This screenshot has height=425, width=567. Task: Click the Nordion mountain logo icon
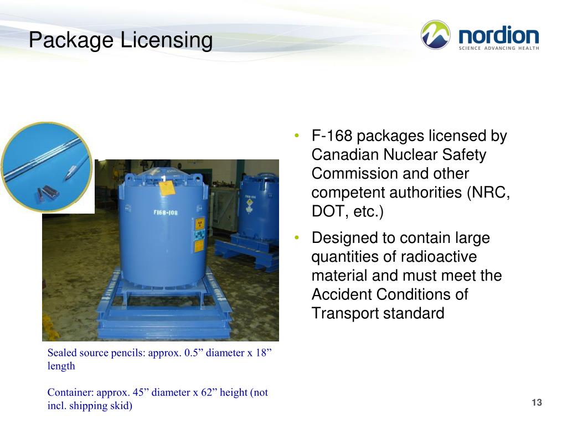436,35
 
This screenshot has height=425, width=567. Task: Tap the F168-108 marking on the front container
166,212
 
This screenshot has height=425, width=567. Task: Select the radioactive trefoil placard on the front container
199,224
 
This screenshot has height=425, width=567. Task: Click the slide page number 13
536,402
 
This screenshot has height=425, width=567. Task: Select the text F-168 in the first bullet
332,136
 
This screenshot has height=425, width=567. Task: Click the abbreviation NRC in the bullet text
492,193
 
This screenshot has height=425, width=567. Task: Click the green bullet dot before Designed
297,238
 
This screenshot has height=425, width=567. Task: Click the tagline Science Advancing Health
498,48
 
